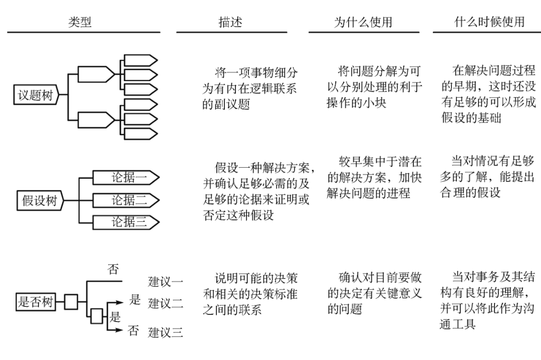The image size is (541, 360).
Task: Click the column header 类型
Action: coord(80,22)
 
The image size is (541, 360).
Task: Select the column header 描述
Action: coord(230,22)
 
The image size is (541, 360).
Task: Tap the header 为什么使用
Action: coord(363,22)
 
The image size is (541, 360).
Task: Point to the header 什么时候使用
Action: coord(489,22)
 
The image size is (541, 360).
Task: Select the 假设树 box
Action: coord(41,201)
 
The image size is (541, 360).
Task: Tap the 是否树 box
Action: coord(35,302)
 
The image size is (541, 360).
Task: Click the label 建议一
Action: coord(165,281)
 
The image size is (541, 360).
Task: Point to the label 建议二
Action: coord(165,303)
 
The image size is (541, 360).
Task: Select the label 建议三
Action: coord(165,332)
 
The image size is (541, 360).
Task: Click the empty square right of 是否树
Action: coord(71,302)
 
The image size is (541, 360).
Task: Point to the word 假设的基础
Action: coord(471,118)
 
